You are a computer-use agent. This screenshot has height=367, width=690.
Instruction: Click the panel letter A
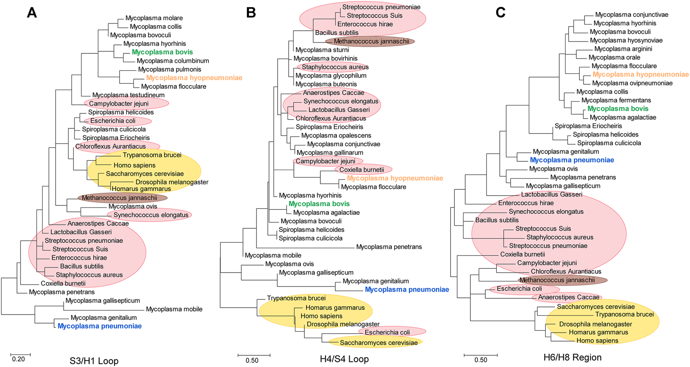point(32,13)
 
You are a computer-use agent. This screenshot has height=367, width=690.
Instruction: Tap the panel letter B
point(251,13)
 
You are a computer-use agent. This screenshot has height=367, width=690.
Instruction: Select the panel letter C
point(500,13)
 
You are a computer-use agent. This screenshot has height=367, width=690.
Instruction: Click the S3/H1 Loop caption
point(94,361)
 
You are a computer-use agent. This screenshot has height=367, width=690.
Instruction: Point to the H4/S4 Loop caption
point(344,359)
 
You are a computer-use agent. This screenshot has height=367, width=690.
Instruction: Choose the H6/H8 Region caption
point(572,357)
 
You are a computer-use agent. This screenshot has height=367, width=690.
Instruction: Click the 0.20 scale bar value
point(18,359)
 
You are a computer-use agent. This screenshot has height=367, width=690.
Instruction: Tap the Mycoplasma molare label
point(154,18)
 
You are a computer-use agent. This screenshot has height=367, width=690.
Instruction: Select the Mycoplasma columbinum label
point(173,61)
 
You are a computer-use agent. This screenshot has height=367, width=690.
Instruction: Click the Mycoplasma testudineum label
point(128,95)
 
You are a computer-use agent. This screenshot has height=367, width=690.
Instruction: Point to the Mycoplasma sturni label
point(322,50)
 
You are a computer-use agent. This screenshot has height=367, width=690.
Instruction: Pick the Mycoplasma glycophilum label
point(331,76)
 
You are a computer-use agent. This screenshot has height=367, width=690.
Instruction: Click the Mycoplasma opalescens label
point(336,135)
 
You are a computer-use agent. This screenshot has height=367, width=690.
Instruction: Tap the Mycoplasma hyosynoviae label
point(626,40)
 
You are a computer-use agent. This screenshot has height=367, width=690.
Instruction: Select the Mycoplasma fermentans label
point(616,100)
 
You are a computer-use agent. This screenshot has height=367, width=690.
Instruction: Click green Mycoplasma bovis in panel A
point(162,52)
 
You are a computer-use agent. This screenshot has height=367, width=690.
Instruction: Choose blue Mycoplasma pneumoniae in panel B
point(407,290)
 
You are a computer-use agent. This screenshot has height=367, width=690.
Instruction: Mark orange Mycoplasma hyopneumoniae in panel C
point(641,74)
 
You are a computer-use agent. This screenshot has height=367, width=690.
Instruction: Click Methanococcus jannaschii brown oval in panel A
point(123,198)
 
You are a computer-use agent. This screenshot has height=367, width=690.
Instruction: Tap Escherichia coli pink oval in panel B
point(392,332)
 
